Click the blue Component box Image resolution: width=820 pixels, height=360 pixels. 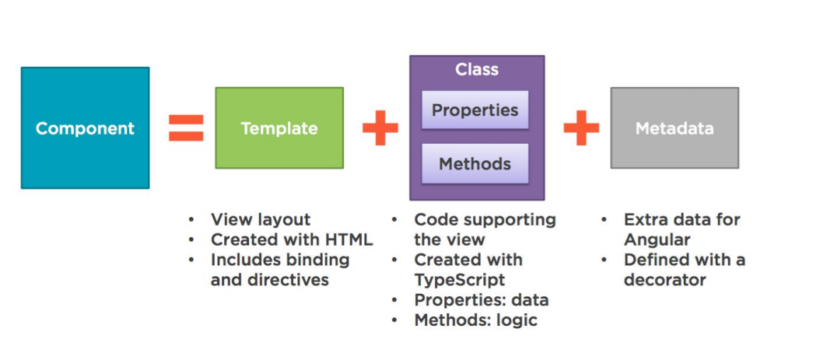(85, 128)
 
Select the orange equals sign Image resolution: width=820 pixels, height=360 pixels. (186, 128)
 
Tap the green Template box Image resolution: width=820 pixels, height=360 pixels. (279, 128)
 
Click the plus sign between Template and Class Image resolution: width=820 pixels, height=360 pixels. (380, 128)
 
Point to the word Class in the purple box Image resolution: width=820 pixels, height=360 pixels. (476, 70)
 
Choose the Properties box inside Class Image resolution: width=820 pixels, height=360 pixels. (475, 110)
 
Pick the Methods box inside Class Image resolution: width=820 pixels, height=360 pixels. (475, 164)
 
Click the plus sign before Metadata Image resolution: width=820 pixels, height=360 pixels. (581, 128)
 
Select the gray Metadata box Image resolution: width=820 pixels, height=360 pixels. (674, 128)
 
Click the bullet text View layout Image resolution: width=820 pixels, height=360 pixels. (260, 220)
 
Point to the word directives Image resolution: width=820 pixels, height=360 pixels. (289, 280)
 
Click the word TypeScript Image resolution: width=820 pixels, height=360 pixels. (459, 280)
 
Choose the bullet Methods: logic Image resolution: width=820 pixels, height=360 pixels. (475, 320)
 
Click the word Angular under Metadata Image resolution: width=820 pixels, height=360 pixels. (657, 240)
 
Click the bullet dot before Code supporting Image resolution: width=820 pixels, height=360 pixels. (395, 220)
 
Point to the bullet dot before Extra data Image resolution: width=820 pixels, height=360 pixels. (605, 220)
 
